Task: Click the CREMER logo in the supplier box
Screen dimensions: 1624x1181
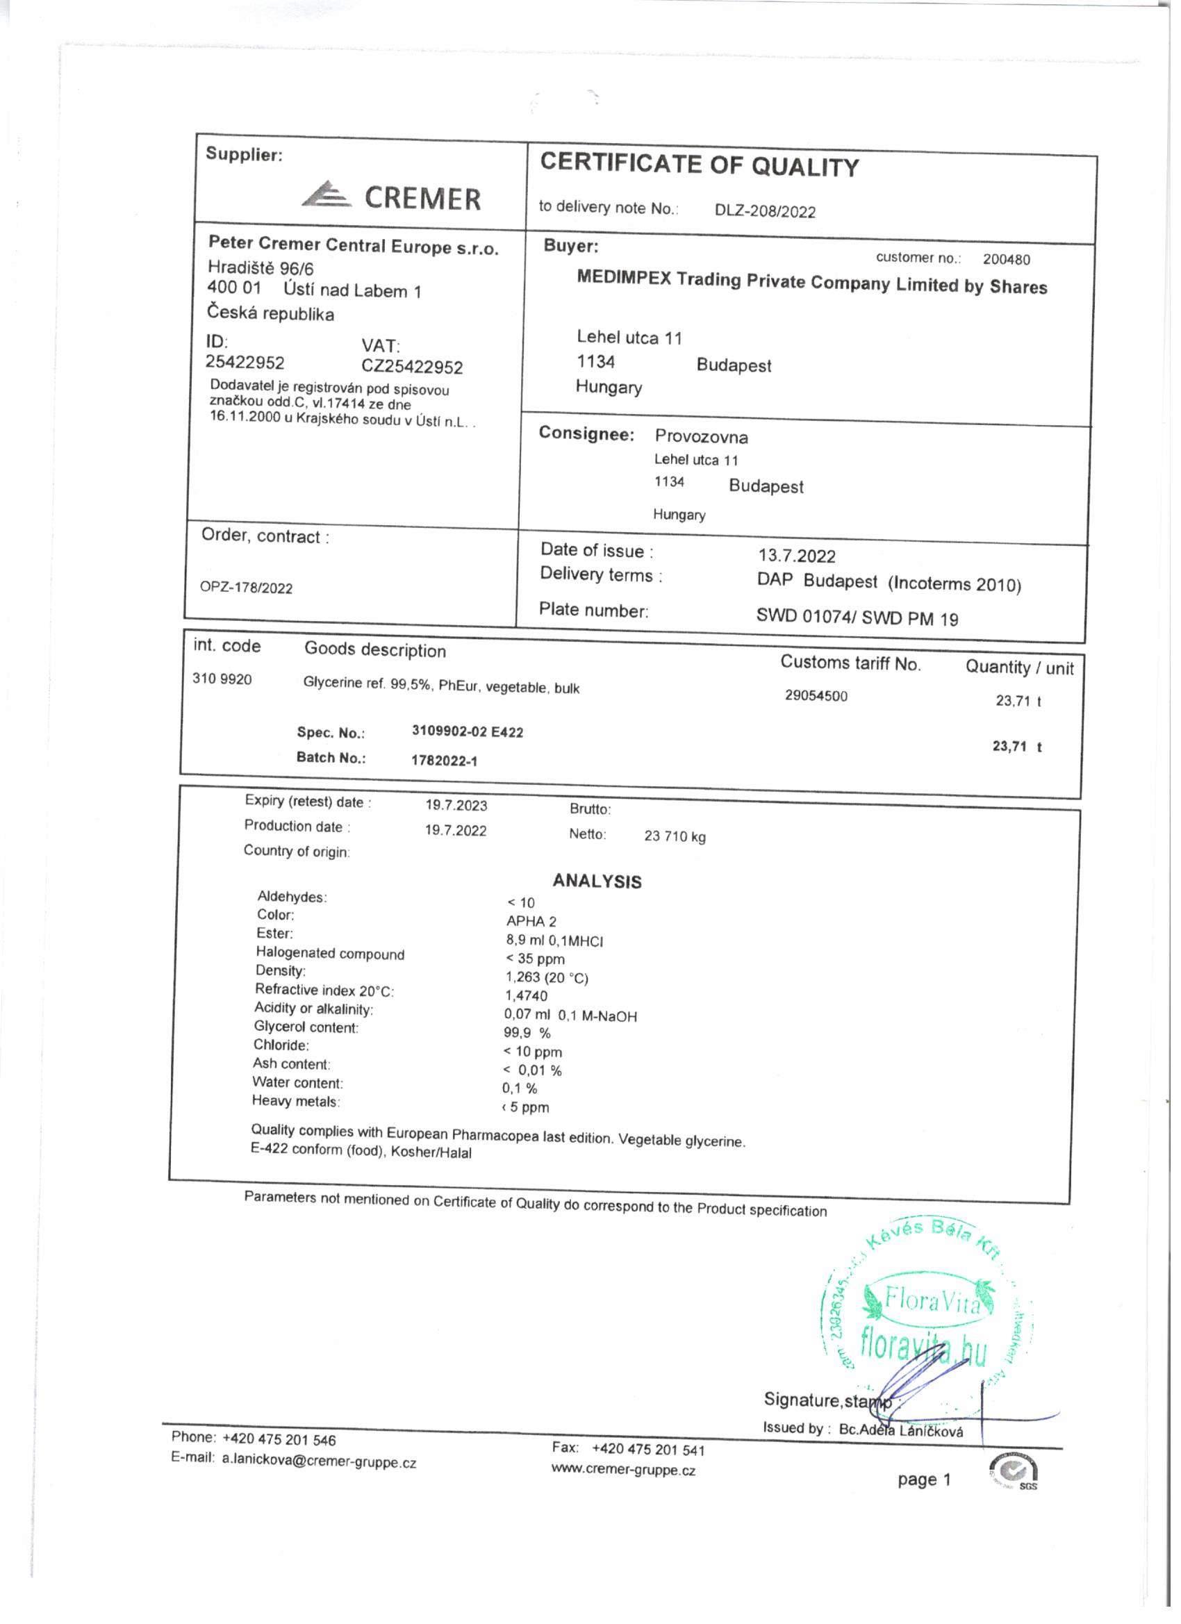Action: tap(391, 196)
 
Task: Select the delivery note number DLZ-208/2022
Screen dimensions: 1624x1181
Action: tap(765, 211)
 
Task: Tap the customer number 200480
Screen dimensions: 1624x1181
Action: tap(1006, 259)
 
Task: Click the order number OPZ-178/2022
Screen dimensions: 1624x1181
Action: tap(247, 588)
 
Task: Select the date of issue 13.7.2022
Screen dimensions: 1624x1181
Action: tap(796, 556)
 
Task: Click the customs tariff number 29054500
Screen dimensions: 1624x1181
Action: tap(816, 695)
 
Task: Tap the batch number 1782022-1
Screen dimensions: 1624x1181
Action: tap(444, 761)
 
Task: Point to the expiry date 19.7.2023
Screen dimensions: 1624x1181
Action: tap(456, 805)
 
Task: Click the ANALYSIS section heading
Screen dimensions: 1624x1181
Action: tap(597, 881)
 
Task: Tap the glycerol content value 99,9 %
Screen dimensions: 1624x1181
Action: tap(527, 1033)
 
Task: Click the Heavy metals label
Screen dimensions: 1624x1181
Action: tap(296, 1101)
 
